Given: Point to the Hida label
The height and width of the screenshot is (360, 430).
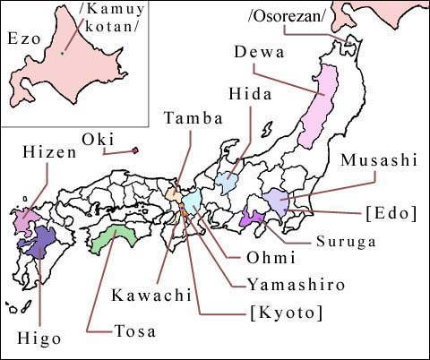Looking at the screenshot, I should [249, 93].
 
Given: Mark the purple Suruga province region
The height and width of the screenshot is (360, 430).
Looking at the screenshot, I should [253, 216].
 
